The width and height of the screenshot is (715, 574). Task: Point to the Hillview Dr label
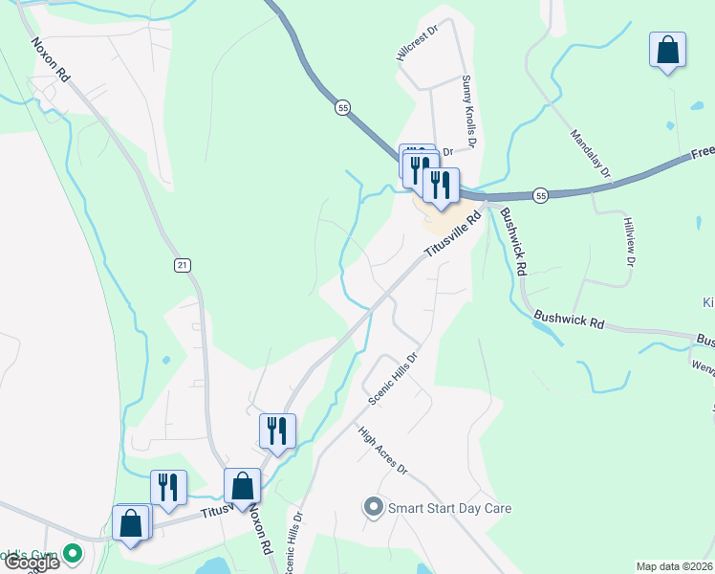click(x=629, y=240)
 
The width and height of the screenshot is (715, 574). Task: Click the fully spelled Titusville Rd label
click(x=451, y=233)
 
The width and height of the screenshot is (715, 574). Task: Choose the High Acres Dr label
click(x=383, y=451)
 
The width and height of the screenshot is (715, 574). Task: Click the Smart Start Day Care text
click(x=449, y=508)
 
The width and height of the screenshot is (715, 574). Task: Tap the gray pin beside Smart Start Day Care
click(x=373, y=507)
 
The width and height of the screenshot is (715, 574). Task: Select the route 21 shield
click(x=182, y=264)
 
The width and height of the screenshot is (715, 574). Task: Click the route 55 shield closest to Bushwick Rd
click(x=541, y=195)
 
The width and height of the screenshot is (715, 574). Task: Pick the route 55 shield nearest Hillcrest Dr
click(x=342, y=108)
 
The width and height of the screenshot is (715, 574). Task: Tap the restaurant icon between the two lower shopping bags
click(x=167, y=487)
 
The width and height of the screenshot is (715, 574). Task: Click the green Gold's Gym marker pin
click(x=73, y=553)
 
